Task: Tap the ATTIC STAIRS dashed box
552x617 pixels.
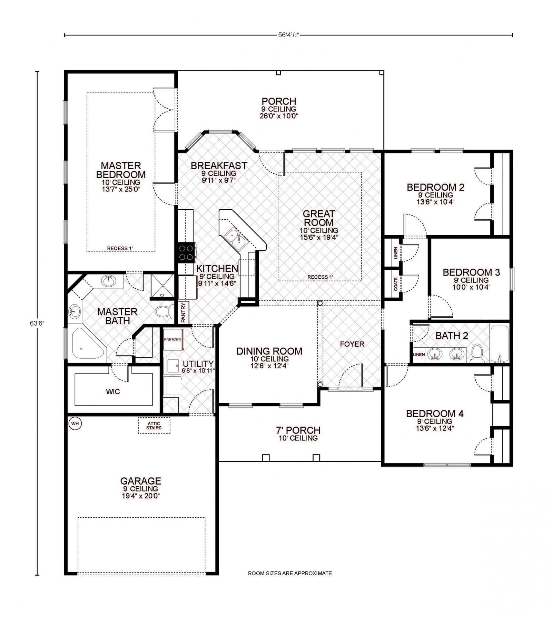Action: click(154, 426)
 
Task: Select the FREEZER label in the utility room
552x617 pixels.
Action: click(172, 340)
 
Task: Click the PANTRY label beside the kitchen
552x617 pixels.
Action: click(184, 312)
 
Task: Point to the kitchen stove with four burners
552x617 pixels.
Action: click(186, 252)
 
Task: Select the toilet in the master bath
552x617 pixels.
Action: click(165, 312)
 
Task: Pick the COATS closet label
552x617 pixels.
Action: click(396, 284)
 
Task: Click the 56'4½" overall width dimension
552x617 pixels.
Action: click(288, 34)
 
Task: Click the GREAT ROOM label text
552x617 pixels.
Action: click(319, 218)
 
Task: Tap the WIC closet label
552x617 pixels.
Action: click(113, 391)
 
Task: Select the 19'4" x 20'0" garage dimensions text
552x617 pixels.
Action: click(140, 496)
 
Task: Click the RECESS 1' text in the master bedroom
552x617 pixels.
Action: click(120, 248)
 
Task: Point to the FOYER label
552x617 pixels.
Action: click(352, 344)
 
